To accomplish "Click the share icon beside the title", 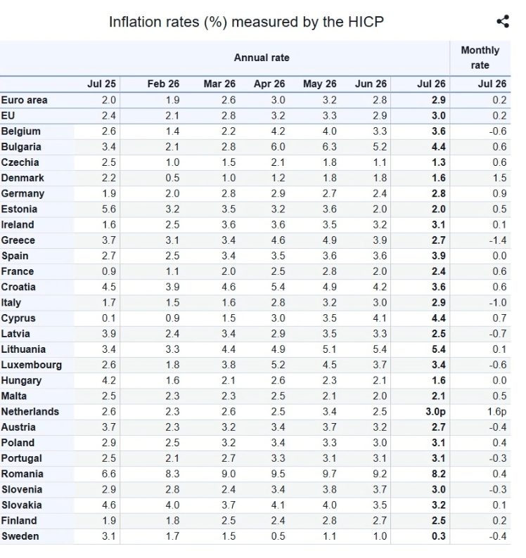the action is [503, 21].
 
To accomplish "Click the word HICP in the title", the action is [366, 22].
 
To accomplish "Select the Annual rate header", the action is [262, 58].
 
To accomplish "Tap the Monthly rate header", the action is [480, 58].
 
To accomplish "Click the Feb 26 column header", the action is [163, 84].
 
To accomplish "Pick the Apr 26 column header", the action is [269, 84].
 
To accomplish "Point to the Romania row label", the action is [22, 474].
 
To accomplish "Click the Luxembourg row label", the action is [32, 365].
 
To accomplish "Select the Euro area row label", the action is [24, 100].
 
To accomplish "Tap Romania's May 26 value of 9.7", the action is [329, 474].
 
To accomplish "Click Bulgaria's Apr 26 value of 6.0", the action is [278, 147].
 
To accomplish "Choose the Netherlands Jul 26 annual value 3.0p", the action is [435, 412].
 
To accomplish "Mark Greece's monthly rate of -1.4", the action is [497, 240].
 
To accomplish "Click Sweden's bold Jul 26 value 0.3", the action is [438, 536].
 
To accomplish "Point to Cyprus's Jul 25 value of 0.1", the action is [108, 318].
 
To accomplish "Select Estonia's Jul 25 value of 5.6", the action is [108, 209].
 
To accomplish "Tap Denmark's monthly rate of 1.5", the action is [499, 178].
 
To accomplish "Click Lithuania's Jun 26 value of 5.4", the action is [380, 349].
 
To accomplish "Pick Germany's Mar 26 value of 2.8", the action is [229, 193].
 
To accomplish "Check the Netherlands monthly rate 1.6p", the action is [496, 412].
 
